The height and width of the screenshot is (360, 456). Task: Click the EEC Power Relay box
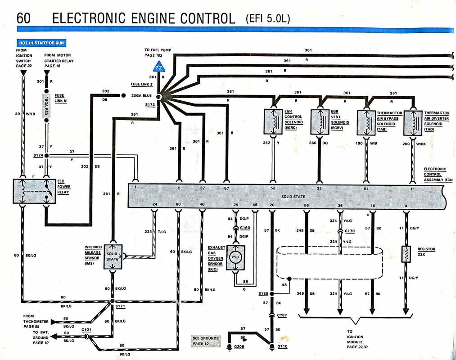(35, 191)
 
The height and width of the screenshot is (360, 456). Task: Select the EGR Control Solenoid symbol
(273, 121)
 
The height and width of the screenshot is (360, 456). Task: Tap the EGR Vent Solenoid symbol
(321, 121)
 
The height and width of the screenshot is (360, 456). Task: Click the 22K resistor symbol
(406, 254)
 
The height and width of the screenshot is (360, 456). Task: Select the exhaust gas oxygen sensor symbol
(236, 258)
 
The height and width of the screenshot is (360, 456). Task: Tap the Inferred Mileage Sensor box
(112, 256)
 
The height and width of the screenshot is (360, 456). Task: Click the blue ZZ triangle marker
(159, 68)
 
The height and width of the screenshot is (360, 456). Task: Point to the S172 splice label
(150, 104)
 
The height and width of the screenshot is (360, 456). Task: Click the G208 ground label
(239, 347)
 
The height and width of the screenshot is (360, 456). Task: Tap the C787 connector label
(282, 315)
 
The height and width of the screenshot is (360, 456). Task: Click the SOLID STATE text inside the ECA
(293, 197)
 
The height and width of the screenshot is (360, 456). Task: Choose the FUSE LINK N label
(60, 98)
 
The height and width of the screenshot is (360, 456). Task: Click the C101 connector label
(86, 329)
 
